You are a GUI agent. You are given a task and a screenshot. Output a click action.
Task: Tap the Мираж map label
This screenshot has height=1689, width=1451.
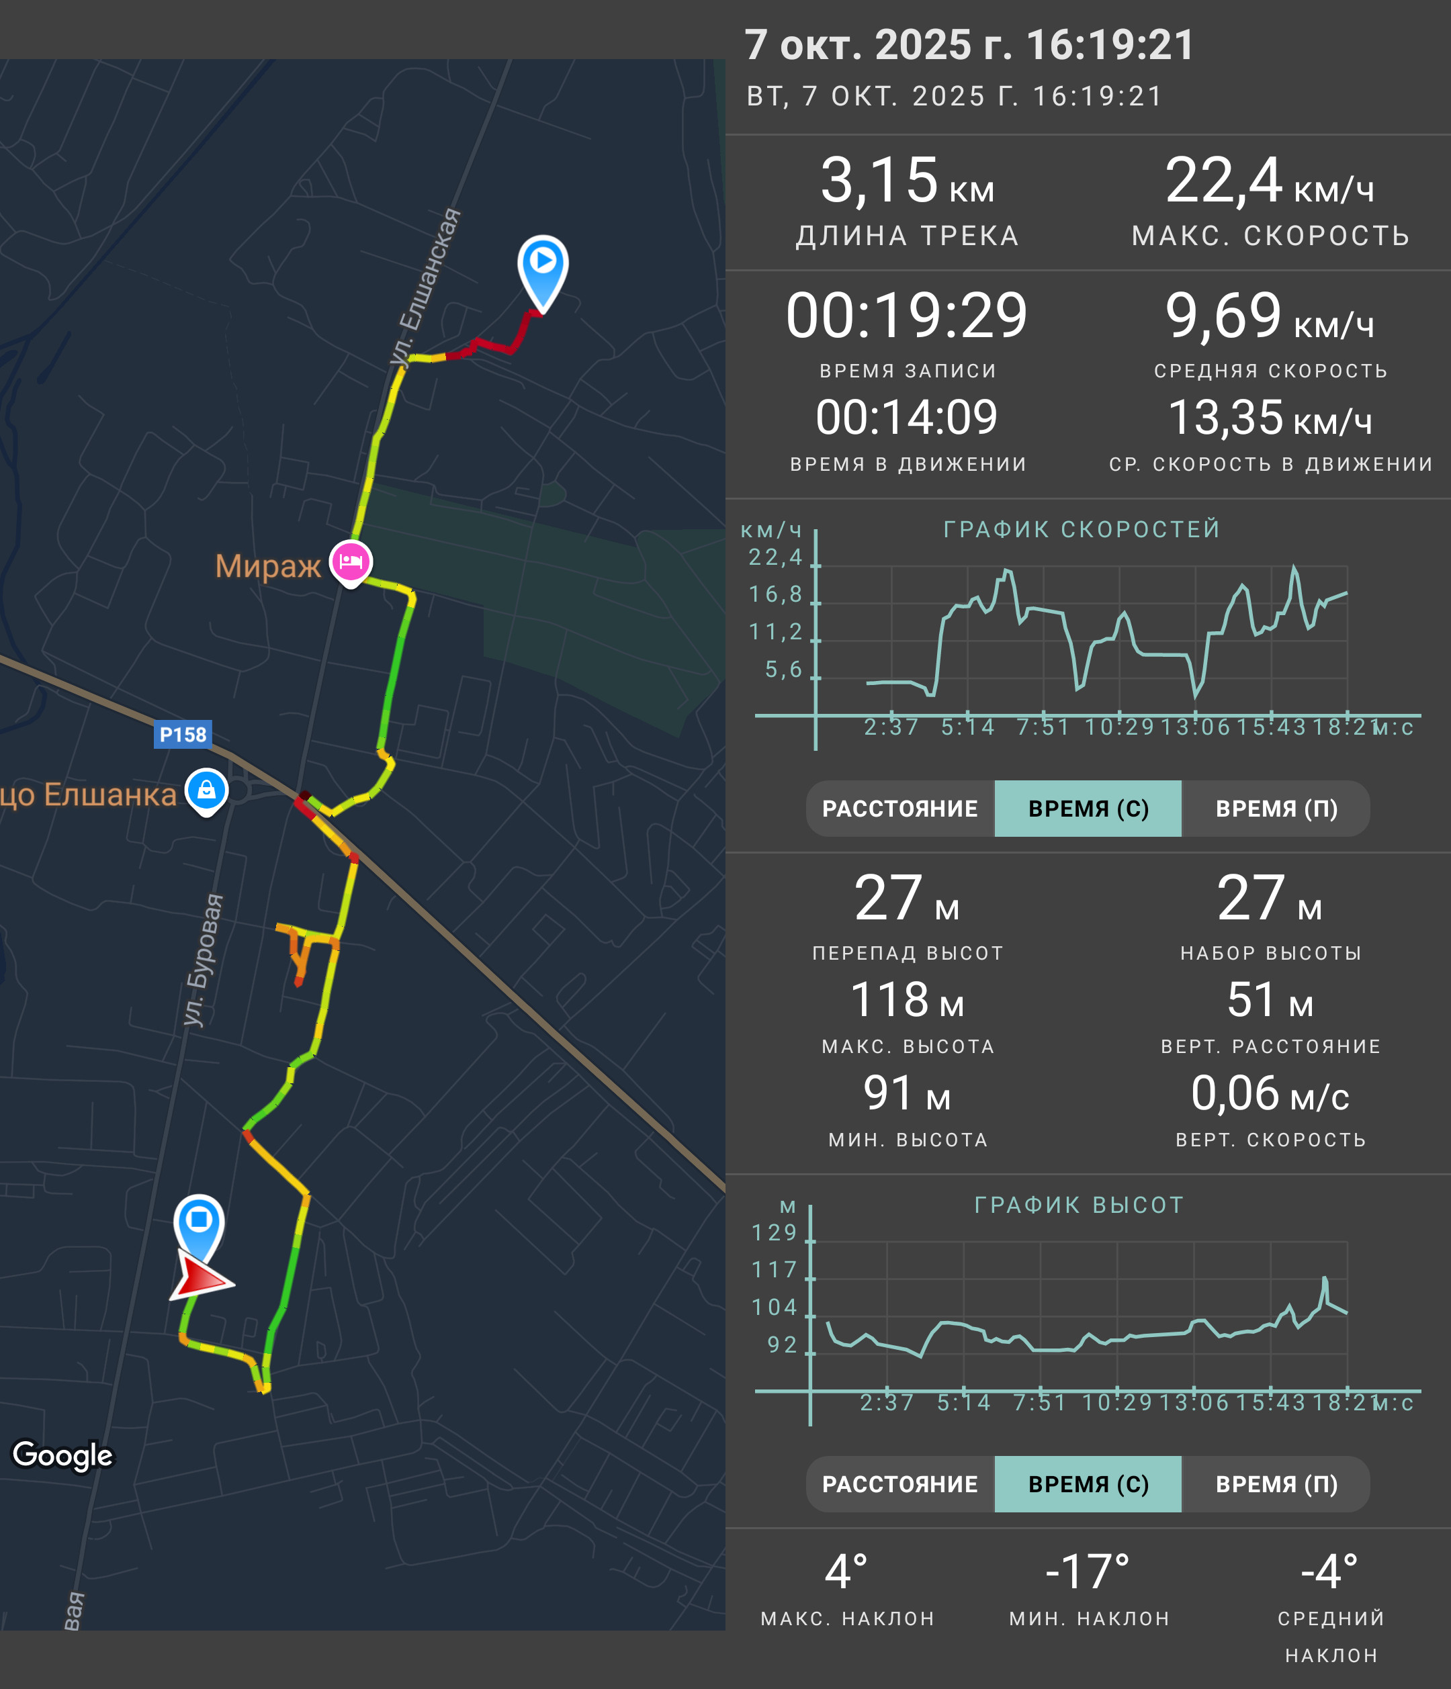point(268,565)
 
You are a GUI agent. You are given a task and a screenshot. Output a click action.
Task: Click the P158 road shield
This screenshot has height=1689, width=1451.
point(183,735)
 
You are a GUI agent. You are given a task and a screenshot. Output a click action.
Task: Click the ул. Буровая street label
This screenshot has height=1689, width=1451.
point(202,960)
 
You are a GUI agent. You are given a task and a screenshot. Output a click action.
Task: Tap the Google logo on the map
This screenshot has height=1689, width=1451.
point(62,1455)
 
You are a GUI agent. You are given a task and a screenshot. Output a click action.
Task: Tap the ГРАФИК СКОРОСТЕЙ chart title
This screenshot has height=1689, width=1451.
point(1082,529)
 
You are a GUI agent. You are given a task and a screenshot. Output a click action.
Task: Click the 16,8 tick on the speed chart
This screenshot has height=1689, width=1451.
point(775,594)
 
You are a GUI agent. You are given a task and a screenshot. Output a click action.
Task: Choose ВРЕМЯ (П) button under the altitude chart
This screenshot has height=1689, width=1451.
point(1276,1483)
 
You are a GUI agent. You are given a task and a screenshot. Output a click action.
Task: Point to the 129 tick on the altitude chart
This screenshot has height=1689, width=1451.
point(774,1232)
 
